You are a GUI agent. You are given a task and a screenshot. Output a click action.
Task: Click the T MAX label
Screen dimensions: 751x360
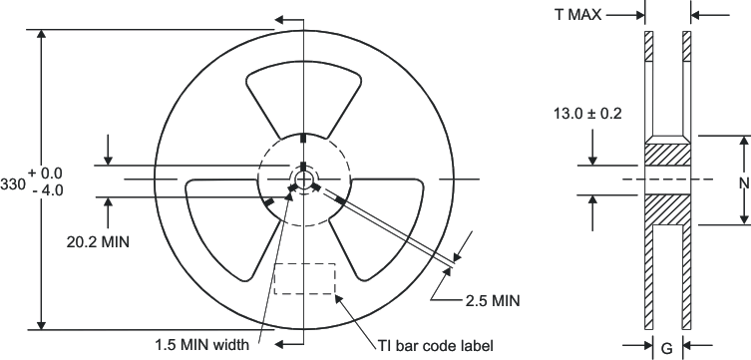click(578, 15)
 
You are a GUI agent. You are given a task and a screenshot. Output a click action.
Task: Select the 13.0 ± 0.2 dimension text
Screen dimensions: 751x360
click(587, 114)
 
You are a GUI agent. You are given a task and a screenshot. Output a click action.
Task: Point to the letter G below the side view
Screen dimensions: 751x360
click(666, 349)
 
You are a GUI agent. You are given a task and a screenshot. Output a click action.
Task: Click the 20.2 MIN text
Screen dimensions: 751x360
click(98, 242)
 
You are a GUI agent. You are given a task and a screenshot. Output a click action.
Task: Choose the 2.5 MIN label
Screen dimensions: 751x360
click(493, 300)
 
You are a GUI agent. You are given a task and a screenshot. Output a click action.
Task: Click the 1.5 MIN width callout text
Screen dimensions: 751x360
click(201, 345)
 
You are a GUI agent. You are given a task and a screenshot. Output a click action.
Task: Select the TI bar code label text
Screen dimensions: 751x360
click(436, 345)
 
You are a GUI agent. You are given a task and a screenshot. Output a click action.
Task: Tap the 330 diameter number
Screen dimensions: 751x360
click(12, 184)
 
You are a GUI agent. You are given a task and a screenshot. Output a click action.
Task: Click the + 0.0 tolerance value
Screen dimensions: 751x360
click(46, 173)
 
